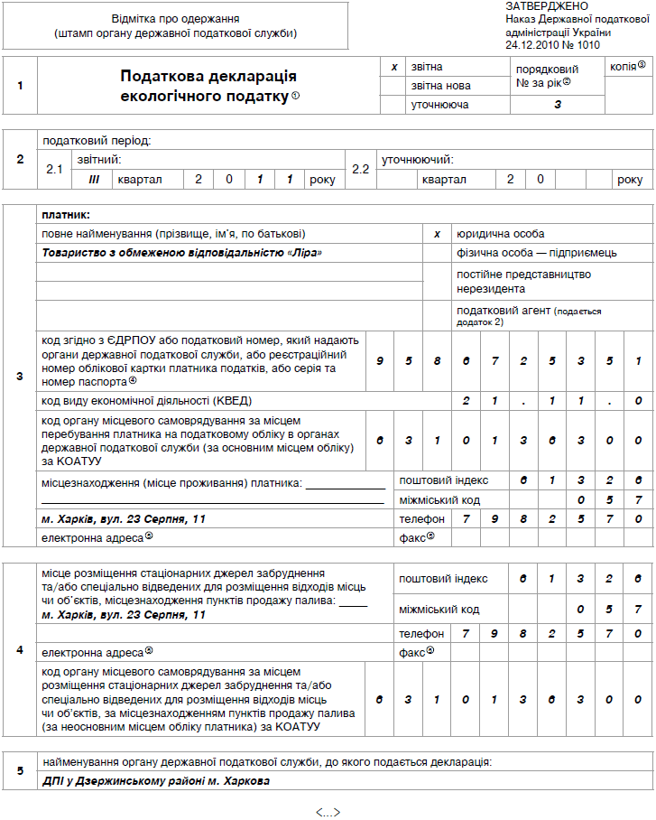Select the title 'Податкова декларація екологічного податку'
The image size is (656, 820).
(x=208, y=86)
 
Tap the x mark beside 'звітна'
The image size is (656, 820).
(x=393, y=67)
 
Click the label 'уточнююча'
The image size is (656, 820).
(x=439, y=105)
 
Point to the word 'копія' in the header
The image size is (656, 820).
(x=624, y=67)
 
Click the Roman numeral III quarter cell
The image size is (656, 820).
(x=93, y=179)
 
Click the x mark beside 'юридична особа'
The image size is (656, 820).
(x=437, y=234)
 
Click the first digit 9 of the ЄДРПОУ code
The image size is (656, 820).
(x=381, y=361)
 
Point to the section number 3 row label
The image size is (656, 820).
(x=20, y=375)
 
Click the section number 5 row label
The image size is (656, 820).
(x=20, y=771)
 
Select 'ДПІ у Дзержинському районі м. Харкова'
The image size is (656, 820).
(x=156, y=780)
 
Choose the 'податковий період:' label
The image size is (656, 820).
(x=96, y=141)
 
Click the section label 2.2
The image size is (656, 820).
(x=361, y=169)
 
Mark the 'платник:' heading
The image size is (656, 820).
(x=67, y=215)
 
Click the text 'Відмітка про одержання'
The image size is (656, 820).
(x=176, y=19)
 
